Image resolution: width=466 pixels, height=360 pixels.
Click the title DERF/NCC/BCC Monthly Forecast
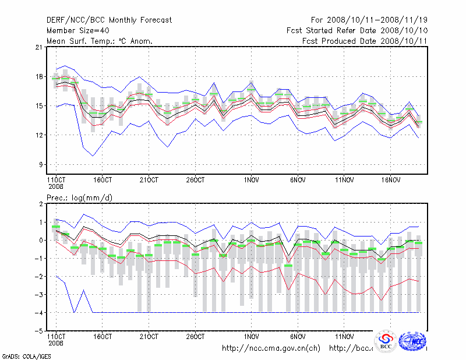(x=109, y=20)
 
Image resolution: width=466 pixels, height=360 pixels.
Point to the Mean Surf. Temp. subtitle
(x=99, y=41)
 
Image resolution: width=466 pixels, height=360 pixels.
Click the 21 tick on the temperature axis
(x=40, y=47)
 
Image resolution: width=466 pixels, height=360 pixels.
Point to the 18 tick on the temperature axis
(x=40, y=76)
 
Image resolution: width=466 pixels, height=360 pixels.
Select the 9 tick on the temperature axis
(x=41, y=164)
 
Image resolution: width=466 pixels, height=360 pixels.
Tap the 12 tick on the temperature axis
(x=40, y=135)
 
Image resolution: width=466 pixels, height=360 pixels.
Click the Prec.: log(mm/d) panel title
(x=80, y=198)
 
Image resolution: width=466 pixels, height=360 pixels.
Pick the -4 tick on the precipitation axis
(x=38, y=313)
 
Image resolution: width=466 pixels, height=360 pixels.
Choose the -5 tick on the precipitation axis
(x=38, y=331)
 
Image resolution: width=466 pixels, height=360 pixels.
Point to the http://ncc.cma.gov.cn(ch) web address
(x=271, y=348)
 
